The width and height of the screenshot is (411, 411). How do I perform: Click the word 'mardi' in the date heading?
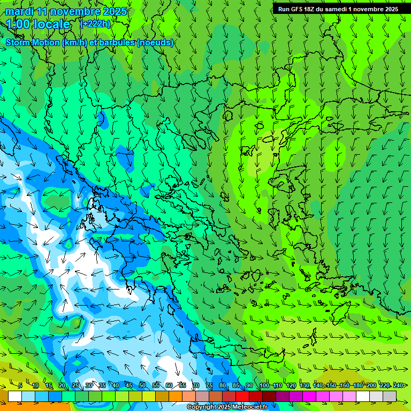click(19, 11)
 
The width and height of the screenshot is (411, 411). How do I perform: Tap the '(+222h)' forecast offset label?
click(95, 24)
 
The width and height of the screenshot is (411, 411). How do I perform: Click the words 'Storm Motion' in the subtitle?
click(33, 42)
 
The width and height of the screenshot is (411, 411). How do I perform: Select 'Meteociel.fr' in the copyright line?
click(246, 407)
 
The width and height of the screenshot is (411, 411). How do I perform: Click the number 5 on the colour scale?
click(20, 385)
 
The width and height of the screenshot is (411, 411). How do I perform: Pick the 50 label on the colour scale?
click(142, 385)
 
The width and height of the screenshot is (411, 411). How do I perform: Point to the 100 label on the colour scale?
click(264, 385)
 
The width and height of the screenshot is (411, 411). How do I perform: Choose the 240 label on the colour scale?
click(398, 385)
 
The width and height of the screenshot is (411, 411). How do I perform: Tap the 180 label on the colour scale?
click(358, 385)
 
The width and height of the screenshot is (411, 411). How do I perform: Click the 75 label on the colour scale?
click(209, 385)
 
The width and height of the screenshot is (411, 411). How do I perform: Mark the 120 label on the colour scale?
click(291, 385)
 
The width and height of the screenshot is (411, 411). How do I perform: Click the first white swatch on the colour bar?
click(15, 396)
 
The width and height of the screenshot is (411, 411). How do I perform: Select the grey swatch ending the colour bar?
click(390, 396)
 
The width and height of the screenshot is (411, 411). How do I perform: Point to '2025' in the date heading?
click(115, 11)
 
